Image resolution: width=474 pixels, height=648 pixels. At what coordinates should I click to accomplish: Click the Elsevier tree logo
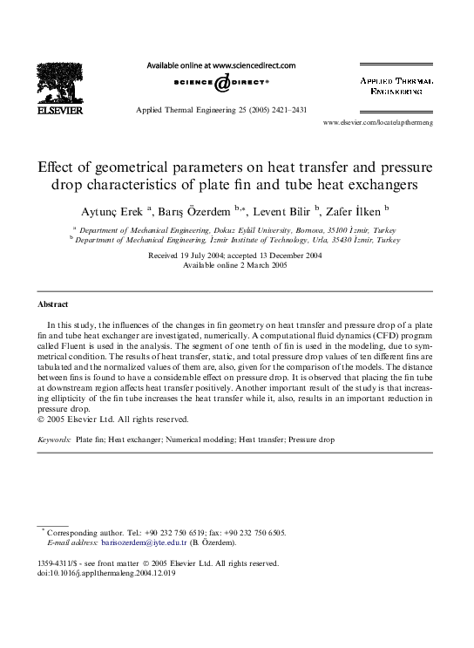[58, 85]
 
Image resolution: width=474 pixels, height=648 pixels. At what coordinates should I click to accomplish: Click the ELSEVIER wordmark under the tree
[58, 112]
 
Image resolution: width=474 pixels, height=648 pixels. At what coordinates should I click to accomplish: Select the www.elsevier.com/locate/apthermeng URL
[389, 123]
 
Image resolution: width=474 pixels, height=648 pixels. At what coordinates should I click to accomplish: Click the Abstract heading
[52, 304]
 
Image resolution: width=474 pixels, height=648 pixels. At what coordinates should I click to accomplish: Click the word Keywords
[55, 440]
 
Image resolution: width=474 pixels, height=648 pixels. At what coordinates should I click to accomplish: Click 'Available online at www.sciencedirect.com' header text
[221, 65]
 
